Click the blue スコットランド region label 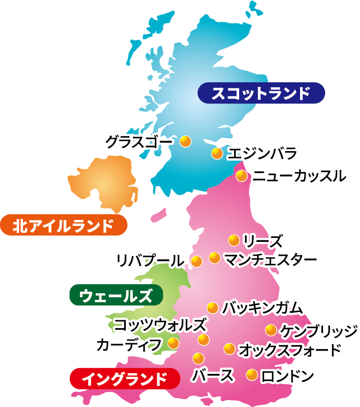tap(261, 93)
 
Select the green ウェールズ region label tap(116, 295)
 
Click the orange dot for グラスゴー tap(185, 142)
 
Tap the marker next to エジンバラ tap(217, 153)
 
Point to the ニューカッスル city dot tap(242, 176)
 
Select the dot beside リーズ tap(233, 240)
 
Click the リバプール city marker tap(197, 260)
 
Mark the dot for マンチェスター tap(215, 258)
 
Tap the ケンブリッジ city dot tap(271, 330)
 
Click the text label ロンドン tap(287, 376)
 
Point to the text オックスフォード tap(290, 350)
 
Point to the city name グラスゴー tap(139, 142)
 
